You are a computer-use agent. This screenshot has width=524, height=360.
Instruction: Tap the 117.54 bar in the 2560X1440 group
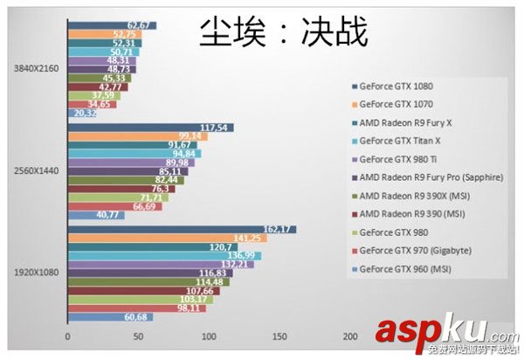point(149,128)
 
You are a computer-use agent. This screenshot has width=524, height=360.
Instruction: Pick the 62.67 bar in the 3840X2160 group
point(111,24)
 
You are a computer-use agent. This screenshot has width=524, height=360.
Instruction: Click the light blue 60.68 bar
point(109,316)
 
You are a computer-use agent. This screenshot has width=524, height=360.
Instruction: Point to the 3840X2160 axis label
point(31,68)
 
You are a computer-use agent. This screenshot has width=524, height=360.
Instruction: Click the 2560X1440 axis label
point(31,170)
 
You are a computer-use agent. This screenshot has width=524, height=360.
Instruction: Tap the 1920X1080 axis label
point(31,273)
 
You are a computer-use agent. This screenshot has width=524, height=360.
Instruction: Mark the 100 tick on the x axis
point(208,336)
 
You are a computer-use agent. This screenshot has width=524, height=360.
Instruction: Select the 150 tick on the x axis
point(279,336)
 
